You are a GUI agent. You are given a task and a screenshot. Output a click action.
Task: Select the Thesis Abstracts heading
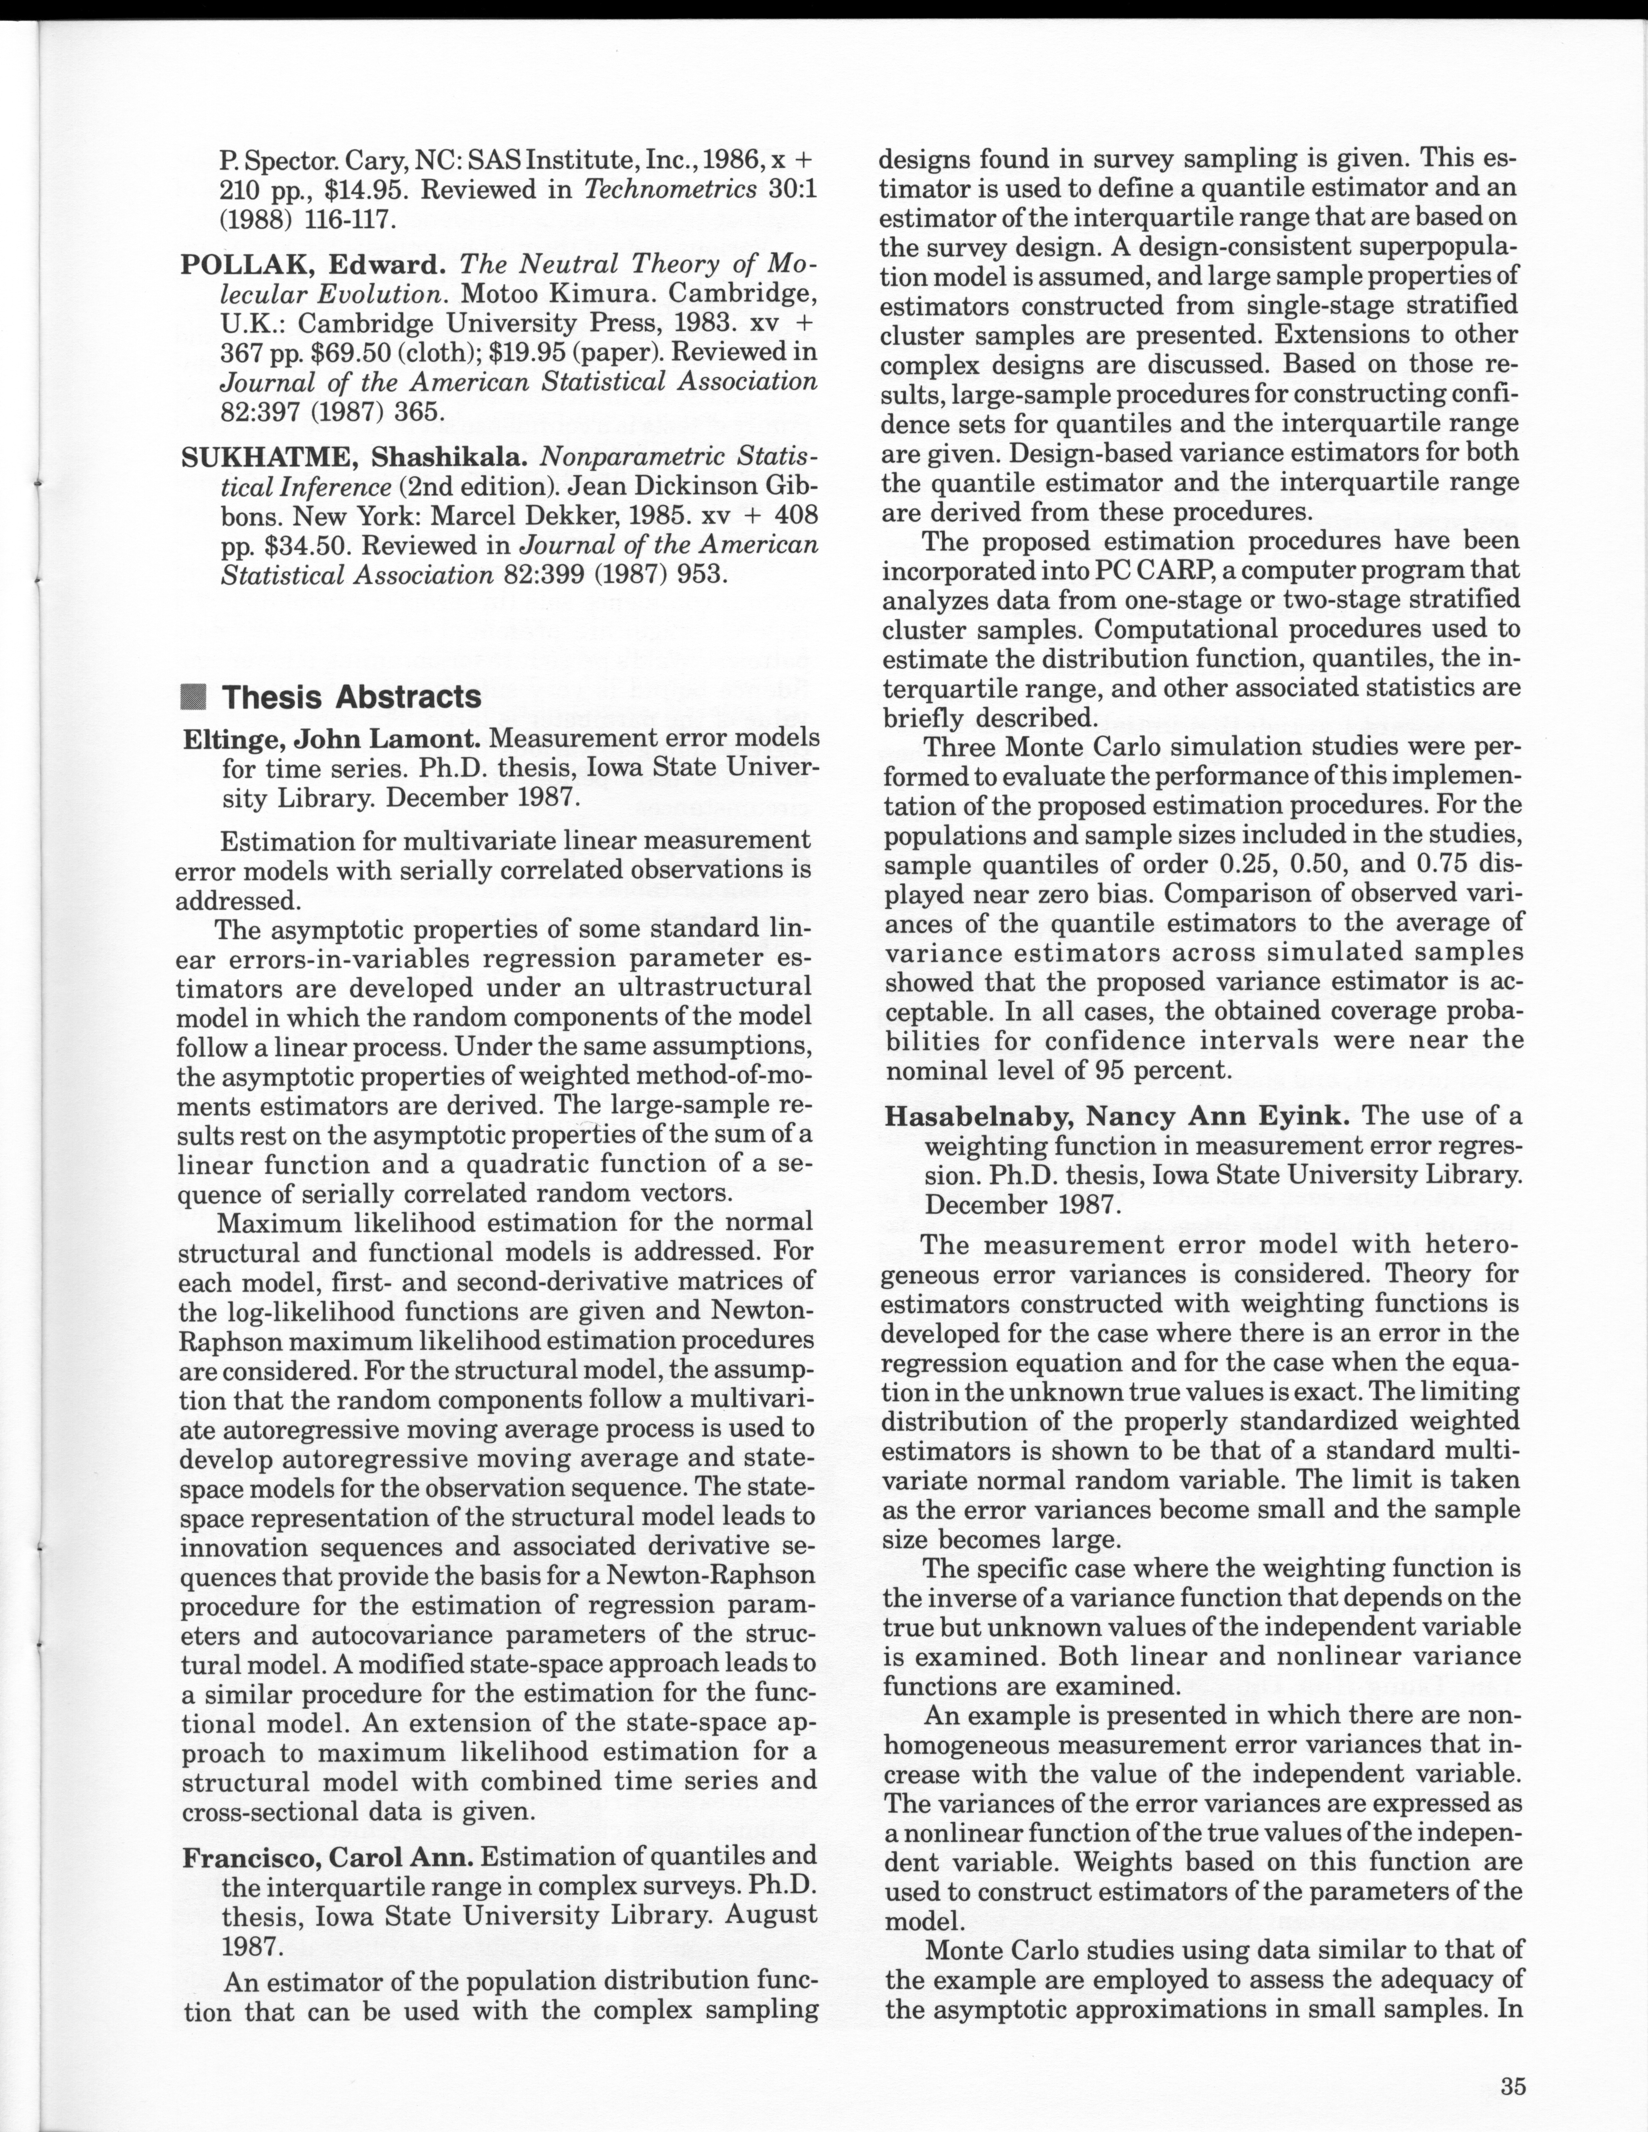tap(352, 697)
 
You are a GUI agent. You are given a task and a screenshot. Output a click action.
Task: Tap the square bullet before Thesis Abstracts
tap(195, 697)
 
